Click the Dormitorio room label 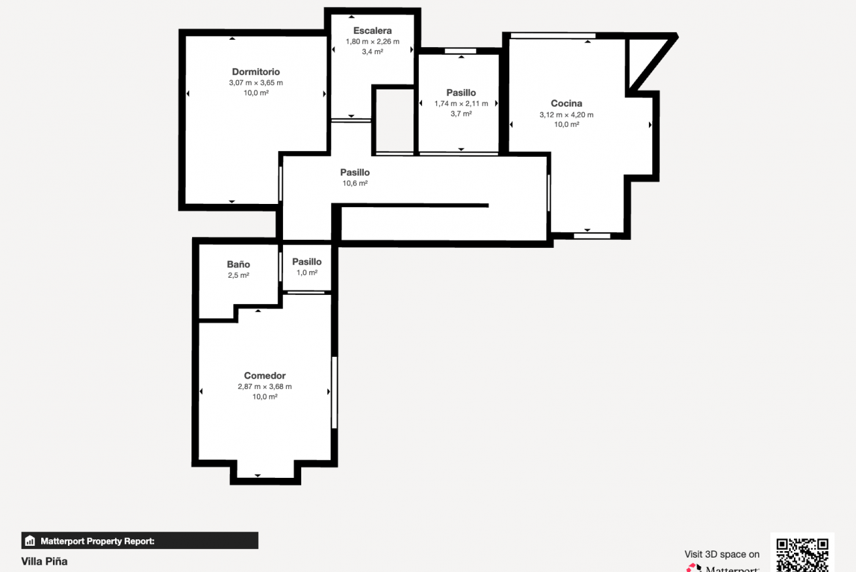pyautogui.click(x=255, y=72)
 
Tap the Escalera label pyautogui.click(x=372, y=31)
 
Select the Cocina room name pyautogui.click(x=567, y=103)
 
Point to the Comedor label pyautogui.click(x=265, y=375)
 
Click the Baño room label pyautogui.click(x=238, y=264)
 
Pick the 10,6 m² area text pyautogui.click(x=355, y=183)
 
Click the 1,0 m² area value pyautogui.click(x=307, y=273)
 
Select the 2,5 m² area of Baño pyautogui.click(x=239, y=275)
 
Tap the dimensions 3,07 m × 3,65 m pyautogui.click(x=255, y=82)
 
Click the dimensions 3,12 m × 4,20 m pyautogui.click(x=567, y=114)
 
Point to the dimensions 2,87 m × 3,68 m pyautogui.click(x=265, y=386)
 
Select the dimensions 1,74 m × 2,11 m pyautogui.click(x=461, y=104)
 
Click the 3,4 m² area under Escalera pyautogui.click(x=372, y=52)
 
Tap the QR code pyautogui.click(x=802, y=554)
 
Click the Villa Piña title pyautogui.click(x=44, y=562)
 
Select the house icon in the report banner pyautogui.click(x=30, y=541)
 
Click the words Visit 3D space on pyautogui.click(x=722, y=554)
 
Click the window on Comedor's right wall pyautogui.click(x=335, y=392)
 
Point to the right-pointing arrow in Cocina pyautogui.click(x=650, y=125)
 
